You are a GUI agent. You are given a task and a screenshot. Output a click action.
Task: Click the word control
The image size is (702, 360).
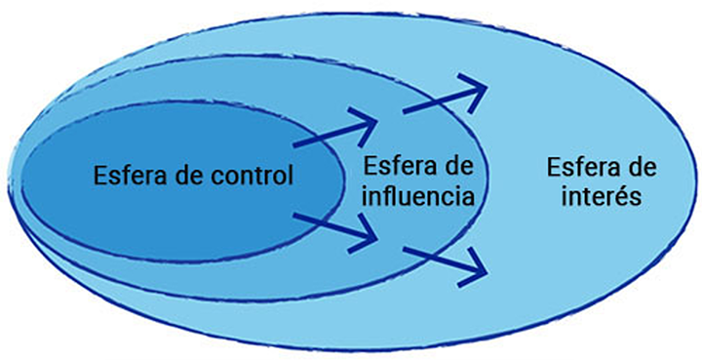click(x=255, y=178)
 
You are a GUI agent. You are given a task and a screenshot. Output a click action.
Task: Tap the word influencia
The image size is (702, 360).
click(x=417, y=196)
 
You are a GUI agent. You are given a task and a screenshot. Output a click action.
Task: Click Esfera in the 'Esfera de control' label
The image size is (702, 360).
click(x=129, y=178)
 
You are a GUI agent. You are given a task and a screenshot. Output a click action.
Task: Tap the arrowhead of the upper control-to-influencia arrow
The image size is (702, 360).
click(x=371, y=123)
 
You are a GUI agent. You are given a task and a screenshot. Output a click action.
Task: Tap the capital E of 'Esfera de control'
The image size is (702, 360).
click(x=100, y=178)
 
